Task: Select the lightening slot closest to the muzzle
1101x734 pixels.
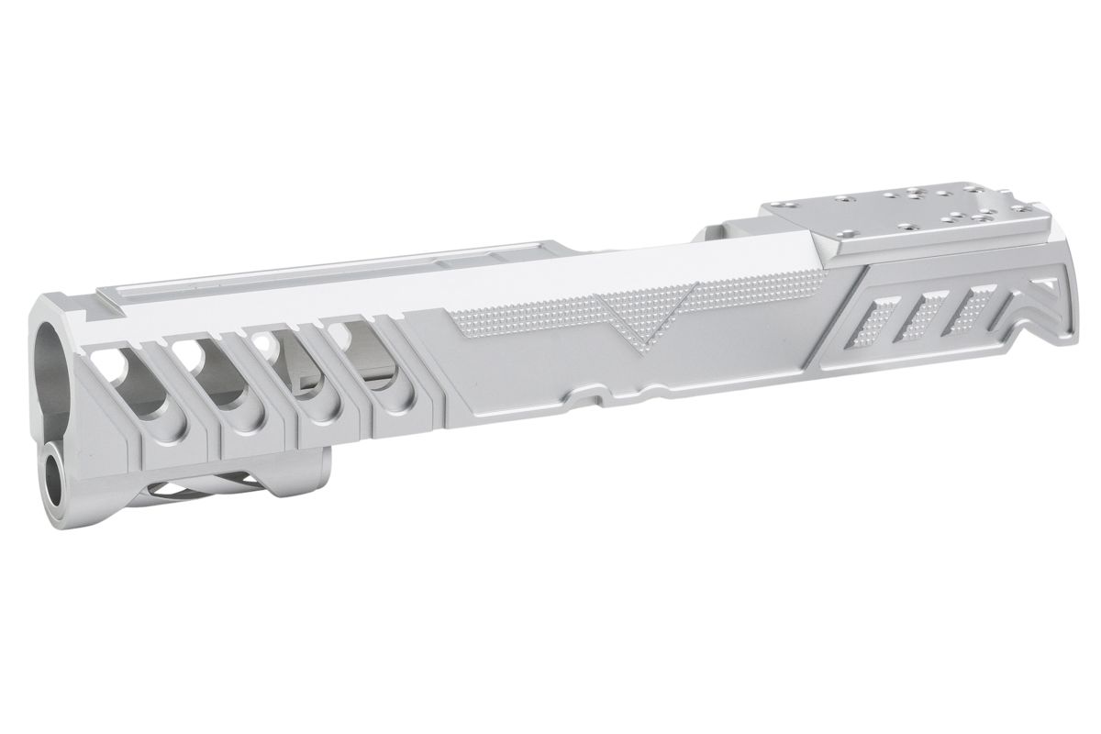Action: tap(119, 371)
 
